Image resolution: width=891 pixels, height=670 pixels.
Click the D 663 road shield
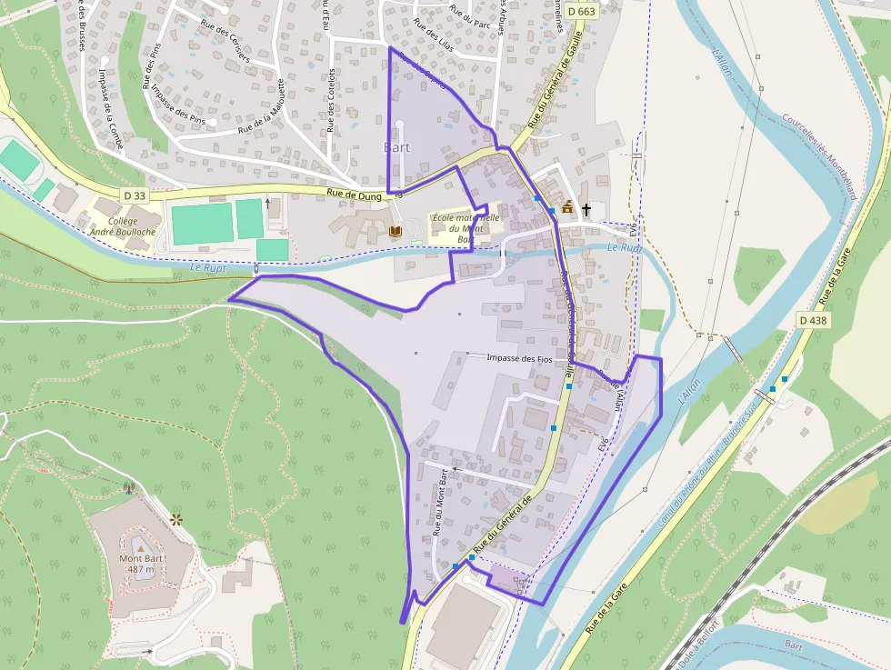click(x=581, y=11)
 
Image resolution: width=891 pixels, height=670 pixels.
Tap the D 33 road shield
click(x=134, y=195)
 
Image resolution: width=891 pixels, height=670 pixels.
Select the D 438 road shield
click(x=814, y=320)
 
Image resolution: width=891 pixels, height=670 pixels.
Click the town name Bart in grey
click(x=397, y=147)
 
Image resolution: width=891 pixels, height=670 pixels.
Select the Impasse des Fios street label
click(x=519, y=358)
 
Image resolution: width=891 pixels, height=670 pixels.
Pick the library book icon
click(x=395, y=232)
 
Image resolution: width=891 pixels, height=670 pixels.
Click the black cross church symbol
click(x=586, y=210)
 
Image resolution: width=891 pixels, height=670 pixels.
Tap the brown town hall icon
click(x=568, y=208)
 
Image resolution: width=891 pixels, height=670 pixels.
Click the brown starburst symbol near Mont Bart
click(x=175, y=520)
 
